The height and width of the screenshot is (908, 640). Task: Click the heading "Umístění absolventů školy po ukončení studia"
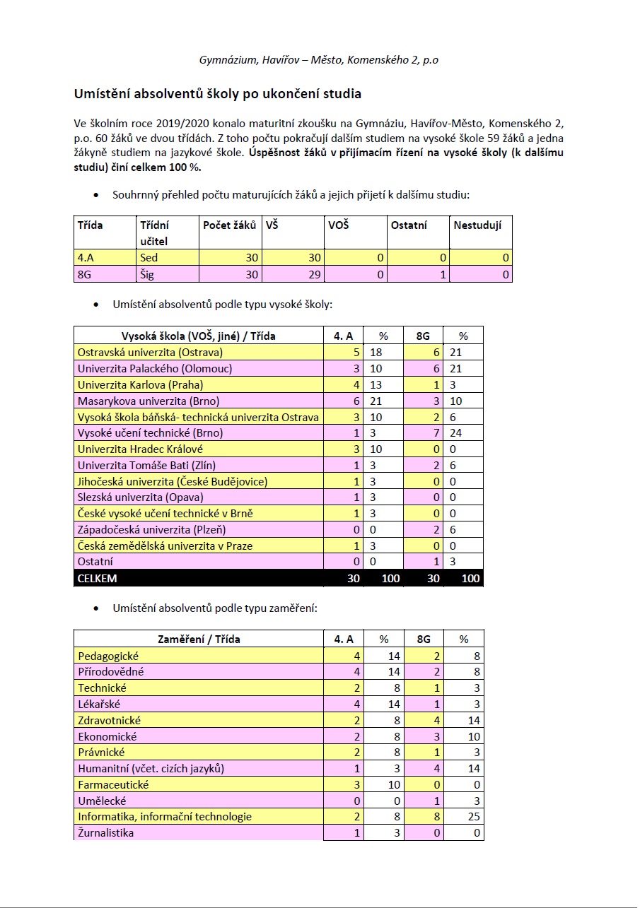click(218, 93)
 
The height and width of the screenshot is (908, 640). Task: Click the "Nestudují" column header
click(477, 225)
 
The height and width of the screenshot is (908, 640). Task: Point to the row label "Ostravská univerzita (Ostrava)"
click(151, 352)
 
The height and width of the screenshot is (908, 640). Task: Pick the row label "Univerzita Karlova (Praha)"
click(141, 384)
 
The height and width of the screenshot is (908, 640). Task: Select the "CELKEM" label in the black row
click(98, 578)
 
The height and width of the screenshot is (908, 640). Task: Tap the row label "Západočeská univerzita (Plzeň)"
click(152, 529)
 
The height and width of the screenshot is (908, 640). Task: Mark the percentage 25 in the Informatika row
click(474, 817)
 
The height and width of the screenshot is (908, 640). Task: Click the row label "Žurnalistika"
click(106, 832)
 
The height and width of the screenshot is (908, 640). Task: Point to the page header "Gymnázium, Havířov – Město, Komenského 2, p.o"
click(318, 59)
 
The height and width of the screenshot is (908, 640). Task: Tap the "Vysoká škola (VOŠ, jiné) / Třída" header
click(199, 336)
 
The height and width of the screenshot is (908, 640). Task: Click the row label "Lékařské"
click(100, 704)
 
